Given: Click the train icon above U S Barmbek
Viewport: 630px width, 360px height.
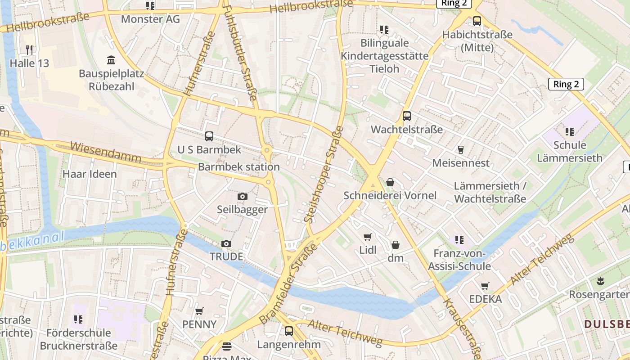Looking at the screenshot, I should (x=209, y=136).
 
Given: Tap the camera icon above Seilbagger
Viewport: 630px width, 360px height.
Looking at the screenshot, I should (x=242, y=196).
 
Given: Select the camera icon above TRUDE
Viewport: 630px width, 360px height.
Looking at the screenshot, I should (x=226, y=243).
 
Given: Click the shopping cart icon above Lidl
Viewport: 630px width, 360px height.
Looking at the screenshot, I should (x=368, y=237).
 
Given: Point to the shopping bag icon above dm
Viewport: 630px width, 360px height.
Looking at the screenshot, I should (x=396, y=245).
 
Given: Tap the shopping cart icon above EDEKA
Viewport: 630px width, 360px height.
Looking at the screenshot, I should (x=485, y=286).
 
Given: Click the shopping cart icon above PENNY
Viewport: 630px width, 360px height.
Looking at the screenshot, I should (x=199, y=311).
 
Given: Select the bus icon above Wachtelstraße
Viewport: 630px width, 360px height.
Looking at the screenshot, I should (x=407, y=116).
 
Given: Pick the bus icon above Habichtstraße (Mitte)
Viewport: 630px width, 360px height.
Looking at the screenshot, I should (x=477, y=21).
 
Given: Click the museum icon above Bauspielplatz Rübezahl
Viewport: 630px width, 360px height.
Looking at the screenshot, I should (x=111, y=60).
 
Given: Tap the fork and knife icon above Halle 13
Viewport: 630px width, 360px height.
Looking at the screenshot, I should (x=29, y=49).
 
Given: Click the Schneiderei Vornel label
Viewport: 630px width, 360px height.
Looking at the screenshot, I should (x=390, y=195).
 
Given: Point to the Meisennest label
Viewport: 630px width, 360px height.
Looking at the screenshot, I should (x=460, y=163).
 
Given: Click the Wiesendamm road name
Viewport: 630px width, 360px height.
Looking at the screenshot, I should (x=106, y=153).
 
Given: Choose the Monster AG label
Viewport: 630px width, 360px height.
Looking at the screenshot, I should (x=150, y=19).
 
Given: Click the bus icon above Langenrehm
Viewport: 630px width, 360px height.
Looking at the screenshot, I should (x=289, y=331).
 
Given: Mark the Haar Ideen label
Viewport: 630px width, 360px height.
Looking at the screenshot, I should (x=90, y=174).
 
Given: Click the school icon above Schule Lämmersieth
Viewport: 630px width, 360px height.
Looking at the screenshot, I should (x=570, y=132).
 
